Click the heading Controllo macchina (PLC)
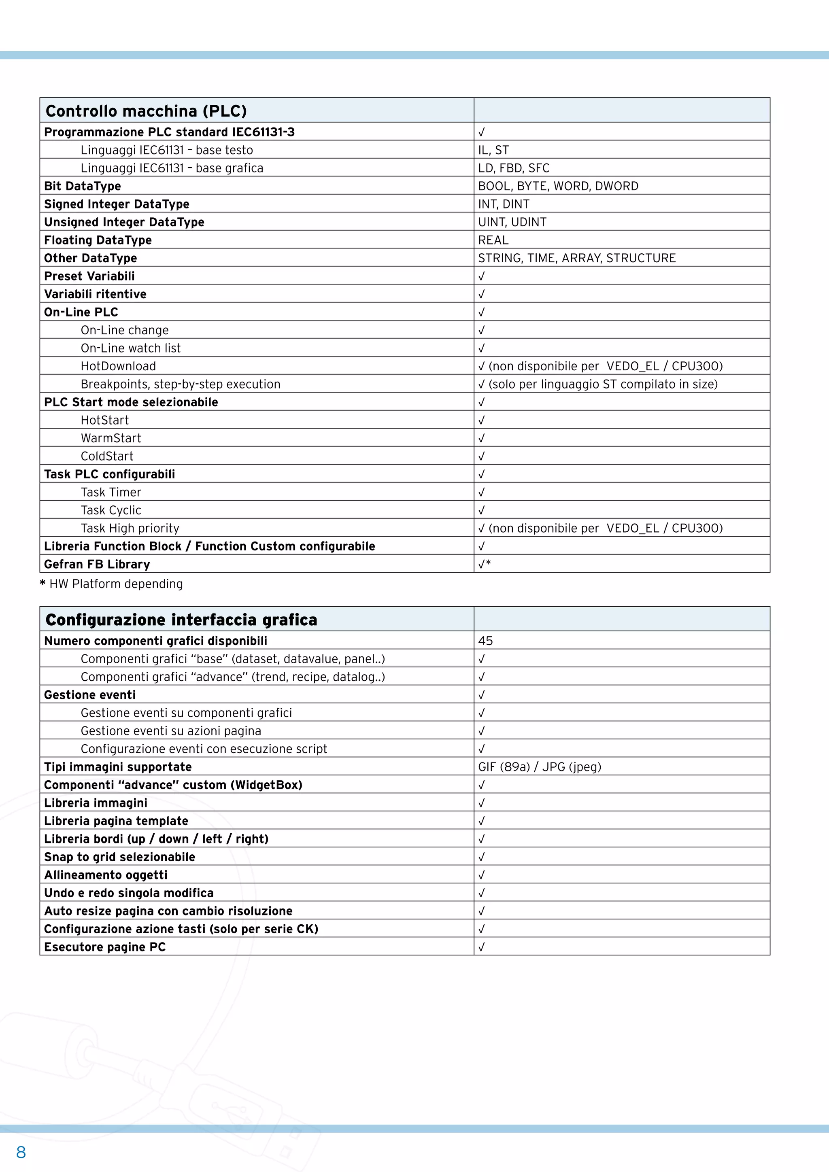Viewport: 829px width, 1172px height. [146, 111]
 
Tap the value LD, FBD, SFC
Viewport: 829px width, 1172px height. [514, 168]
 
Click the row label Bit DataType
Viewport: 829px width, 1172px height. [82, 186]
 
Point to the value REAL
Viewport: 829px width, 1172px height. [493, 240]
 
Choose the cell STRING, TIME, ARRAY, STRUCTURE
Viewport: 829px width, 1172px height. [576, 258]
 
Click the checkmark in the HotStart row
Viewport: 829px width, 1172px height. [481, 420]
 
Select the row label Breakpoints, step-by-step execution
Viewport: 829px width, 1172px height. [180, 384]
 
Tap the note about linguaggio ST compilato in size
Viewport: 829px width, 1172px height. [602, 384]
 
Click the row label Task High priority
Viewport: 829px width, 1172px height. [130, 528]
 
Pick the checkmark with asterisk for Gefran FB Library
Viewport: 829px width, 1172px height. [484, 564]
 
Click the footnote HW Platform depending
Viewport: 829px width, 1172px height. [115, 584]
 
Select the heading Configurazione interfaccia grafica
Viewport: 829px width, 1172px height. [181, 620]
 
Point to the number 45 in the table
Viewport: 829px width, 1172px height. [485, 641]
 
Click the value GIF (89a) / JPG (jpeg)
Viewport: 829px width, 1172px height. [540, 767]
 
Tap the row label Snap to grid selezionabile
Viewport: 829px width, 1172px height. [119, 857]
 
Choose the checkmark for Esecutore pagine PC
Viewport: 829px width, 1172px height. [481, 947]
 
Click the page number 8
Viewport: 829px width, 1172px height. [21, 1152]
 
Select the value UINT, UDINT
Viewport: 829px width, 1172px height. [512, 222]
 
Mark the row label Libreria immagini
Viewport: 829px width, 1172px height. [96, 803]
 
